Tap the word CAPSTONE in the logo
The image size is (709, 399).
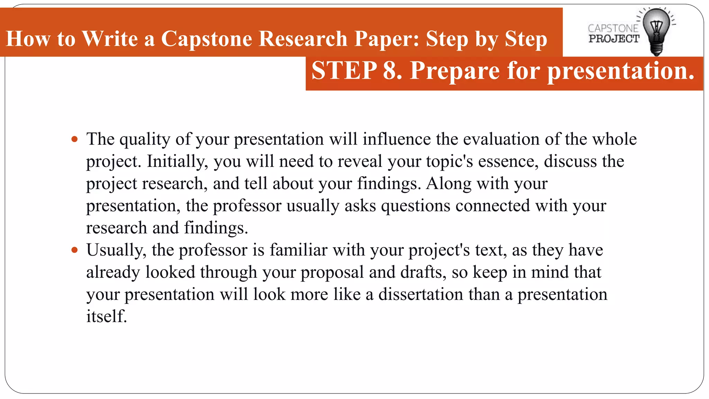[613, 28]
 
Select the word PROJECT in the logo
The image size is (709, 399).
[614, 39]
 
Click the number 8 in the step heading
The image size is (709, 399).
[390, 71]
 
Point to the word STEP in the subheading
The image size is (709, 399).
[344, 71]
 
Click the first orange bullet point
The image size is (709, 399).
[74, 140]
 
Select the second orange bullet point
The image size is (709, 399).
[74, 250]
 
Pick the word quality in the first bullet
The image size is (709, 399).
[145, 140]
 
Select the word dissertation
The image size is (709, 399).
[421, 295]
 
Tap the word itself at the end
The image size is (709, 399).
[106, 317]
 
